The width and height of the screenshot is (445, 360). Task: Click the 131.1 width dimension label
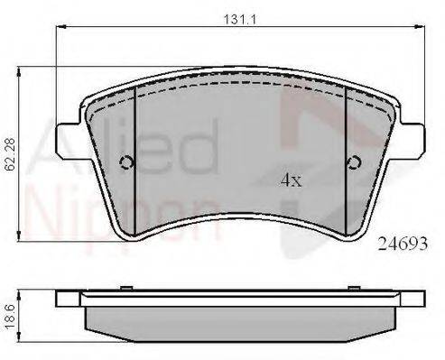tap(239, 20)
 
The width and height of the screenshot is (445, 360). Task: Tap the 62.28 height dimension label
tap(11, 154)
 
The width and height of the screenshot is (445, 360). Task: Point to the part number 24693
tap(403, 244)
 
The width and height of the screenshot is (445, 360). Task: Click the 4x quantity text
tap(291, 180)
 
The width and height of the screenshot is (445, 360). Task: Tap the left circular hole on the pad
tap(126, 163)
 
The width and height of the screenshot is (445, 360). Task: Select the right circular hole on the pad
tap(354, 163)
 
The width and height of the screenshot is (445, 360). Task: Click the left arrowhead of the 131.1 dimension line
tap(60, 27)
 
